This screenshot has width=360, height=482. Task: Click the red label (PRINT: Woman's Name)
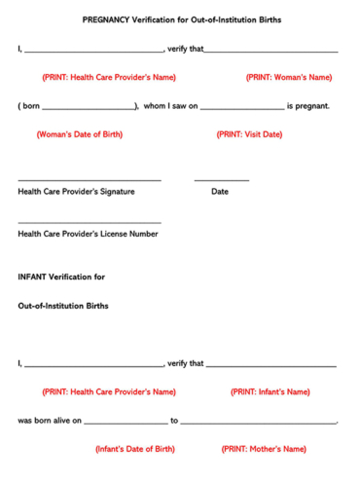point(288,77)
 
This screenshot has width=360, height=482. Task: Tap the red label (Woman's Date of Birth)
point(78,134)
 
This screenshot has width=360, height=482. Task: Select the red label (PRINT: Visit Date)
point(249,134)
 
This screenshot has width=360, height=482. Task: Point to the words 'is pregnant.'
point(308,105)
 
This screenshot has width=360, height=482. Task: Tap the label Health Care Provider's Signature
point(76,192)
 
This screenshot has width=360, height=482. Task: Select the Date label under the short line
point(220,192)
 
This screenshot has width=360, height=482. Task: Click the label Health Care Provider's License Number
point(88,234)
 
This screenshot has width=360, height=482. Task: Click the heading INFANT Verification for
point(61,277)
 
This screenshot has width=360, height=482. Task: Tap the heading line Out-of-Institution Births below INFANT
point(63,306)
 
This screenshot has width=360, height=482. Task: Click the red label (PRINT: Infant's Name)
point(270,391)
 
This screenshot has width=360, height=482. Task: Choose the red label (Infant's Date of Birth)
point(135,449)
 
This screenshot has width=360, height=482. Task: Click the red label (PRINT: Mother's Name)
point(264,449)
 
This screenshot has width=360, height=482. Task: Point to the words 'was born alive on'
point(50,421)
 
